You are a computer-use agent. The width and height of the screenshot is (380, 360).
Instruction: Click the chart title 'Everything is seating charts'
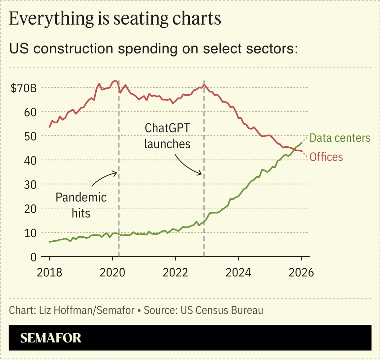(115, 19)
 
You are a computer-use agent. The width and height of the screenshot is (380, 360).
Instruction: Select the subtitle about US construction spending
(153, 49)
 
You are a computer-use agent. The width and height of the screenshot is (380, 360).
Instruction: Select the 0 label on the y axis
(33, 257)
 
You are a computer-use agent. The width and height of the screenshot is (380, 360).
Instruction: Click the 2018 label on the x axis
(49, 273)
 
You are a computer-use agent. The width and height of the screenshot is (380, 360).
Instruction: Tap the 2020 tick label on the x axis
(112, 273)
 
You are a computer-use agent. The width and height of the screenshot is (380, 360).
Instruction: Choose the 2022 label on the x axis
(175, 273)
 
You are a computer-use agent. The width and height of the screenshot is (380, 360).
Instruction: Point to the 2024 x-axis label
(238, 273)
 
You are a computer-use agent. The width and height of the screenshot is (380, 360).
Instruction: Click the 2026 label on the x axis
(301, 273)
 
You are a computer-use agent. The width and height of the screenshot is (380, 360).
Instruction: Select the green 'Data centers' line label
(340, 138)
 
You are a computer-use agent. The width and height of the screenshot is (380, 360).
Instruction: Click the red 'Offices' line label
(326, 157)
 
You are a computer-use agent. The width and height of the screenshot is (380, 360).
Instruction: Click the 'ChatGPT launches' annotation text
(167, 136)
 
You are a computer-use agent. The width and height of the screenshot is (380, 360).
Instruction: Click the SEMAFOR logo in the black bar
(50, 338)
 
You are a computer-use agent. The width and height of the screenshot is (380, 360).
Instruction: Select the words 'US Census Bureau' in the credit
(222, 311)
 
